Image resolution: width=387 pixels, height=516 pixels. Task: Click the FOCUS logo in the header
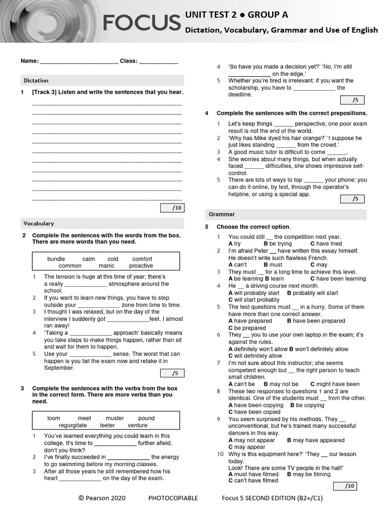(x=142, y=23)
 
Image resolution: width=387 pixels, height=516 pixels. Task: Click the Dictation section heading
(x=36, y=80)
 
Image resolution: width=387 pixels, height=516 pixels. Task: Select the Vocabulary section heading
(x=39, y=223)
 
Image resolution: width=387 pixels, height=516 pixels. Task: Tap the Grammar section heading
(x=222, y=214)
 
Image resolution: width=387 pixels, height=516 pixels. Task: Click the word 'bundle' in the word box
(x=56, y=259)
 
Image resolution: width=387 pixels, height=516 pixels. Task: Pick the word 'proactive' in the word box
(x=141, y=266)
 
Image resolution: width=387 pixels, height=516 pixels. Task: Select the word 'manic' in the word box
(x=106, y=266)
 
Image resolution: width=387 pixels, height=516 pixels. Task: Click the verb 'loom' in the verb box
(x=53, y=418)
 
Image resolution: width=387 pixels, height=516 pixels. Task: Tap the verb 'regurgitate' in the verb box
(x=73, y=425)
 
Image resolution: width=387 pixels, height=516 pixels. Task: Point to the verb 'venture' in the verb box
(x=138, y=425)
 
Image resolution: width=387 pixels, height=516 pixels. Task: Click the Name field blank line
(x=79, y=61)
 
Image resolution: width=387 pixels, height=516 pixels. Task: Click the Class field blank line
(x=158, y=61)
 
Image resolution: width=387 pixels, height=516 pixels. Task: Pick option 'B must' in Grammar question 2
(x=273, y=265)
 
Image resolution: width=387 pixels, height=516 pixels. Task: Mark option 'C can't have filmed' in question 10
(x=253, y=480)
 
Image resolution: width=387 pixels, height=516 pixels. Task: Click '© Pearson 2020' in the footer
(x=102, y=498)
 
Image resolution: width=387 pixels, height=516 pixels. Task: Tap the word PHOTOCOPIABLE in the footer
(x=173, y=498)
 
